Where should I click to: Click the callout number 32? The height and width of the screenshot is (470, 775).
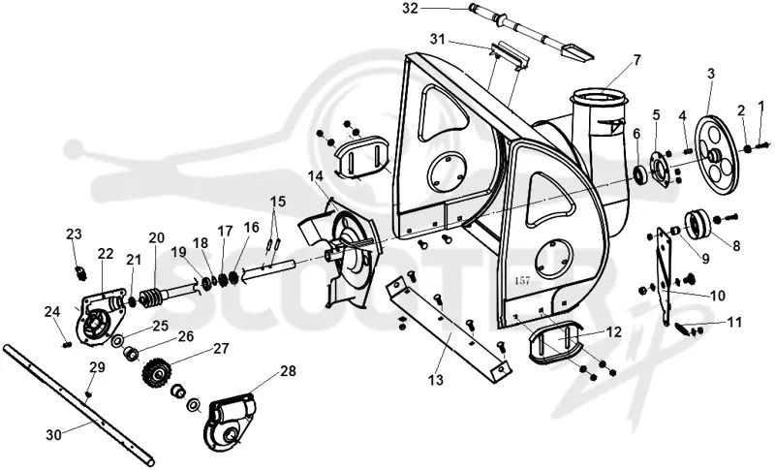tap(410, 9)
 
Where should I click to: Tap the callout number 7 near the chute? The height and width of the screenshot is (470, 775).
tap(636, 60)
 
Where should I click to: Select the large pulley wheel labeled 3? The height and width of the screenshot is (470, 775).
tap(716, 156)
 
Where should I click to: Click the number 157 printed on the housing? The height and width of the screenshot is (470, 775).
tap(522, 280)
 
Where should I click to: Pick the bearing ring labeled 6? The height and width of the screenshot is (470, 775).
tap(640, 175)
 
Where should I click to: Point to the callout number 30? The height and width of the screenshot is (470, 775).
tap(54, 435)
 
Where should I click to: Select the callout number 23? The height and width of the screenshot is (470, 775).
tap(74, 234)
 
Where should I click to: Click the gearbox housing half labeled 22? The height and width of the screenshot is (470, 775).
tap(98, 319)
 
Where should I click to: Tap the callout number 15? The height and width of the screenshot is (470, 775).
tap(278, 202)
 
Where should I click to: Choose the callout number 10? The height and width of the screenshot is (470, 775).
tap(717, 296)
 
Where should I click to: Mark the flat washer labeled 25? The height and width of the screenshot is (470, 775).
tap(117, 341)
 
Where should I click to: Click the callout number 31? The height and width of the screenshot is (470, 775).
tap(438, 39)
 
